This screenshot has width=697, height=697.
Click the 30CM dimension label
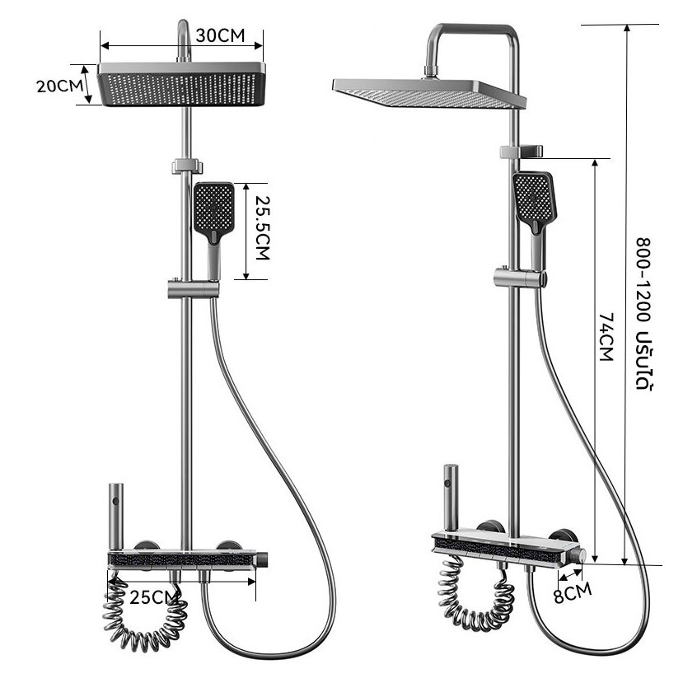(220, 35)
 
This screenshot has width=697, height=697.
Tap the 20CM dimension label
(59, 86)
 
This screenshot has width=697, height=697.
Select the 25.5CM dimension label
(262, 227)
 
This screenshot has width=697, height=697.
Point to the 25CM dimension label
(153, 597)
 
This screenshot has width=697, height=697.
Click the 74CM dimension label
(606, 336)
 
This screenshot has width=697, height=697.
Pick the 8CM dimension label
(573, 592)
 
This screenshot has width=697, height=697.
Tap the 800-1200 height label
(643, 314)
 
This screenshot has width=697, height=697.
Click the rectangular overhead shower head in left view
(181, 85)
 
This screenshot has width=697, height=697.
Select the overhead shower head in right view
(429, 93)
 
